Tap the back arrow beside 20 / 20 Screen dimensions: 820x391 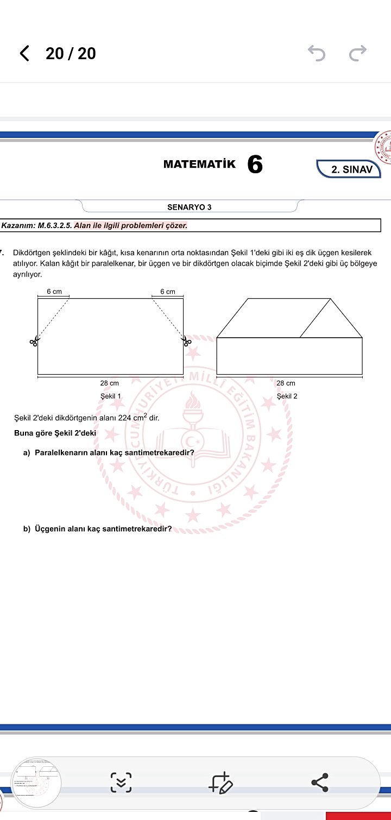pyautogui.click(x=24, y=53)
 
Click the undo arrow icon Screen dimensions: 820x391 pyautogui.click(x=317, y=53)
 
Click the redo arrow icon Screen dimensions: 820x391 pyautogui.click(x=358, y=53)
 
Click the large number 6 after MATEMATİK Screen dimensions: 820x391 pyautogui.click(x=255, y=165)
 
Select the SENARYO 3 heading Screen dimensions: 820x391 pyautogui.click(x=190, y=207)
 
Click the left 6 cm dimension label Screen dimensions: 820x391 pyautogui.click(x=54, y=292)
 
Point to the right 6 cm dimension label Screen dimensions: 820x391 pyautogui.click(x=168, y=292)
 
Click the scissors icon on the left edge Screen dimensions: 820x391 pyautogui.click(x=34, y=342)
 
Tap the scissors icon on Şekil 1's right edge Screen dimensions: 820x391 pyautogui.click(x=187, y=342)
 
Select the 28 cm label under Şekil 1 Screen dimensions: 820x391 pyautogui.click(x=110, y=383)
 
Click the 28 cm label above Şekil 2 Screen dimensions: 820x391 pyautogui.click(x=286, y=383)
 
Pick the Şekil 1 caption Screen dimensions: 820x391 pyautogui.click(x=111, y=396)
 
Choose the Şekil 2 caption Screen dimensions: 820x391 pyautogui.click(x=287, y=396)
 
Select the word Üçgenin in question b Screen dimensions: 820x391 pyautogui.click(x=51, y=528)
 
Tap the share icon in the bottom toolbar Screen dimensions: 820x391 pyautogui.click(x=320, y=783)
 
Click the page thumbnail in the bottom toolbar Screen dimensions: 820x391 pyautogui.click(x=36, y=783)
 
